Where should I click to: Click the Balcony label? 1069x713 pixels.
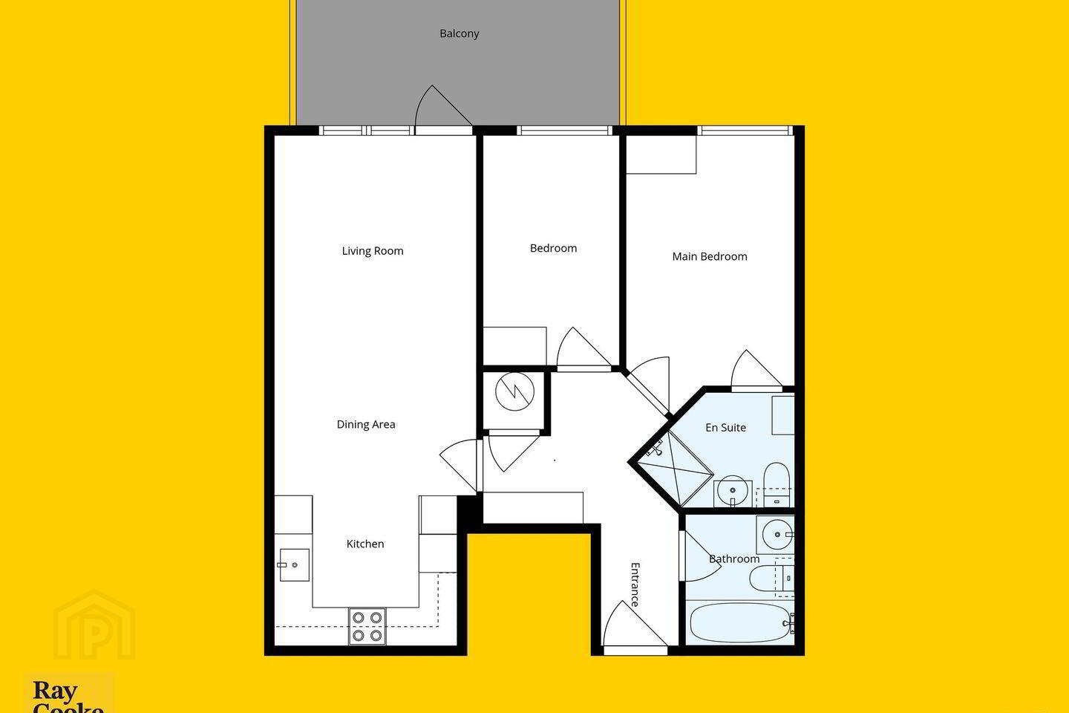click(x=459, y=33)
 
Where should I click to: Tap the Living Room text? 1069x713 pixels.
click(x=373, y=251)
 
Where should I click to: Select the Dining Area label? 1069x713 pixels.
click(x=366, y=425)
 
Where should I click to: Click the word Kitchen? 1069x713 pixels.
click(x=365, y=544)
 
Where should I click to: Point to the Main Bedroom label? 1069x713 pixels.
click(x=710, y=256)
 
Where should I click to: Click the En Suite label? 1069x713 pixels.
click(x=725, y=427)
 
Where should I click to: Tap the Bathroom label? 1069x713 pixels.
click(x=734, y=559)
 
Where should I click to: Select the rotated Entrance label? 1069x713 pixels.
click(x=635, y=585)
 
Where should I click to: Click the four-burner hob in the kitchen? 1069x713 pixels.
click(x=367, y=627)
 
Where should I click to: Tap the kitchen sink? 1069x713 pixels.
click(x=293, y=565)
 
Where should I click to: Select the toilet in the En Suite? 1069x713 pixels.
click(x=777, y=484)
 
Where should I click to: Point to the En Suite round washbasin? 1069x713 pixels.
click(x=733, y=490)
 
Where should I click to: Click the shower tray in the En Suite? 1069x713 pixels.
click(x=674, y=469)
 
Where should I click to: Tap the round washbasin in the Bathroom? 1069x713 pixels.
click(x=777, y=535)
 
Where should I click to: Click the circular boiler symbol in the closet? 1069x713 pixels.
click(x=514, y=391)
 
